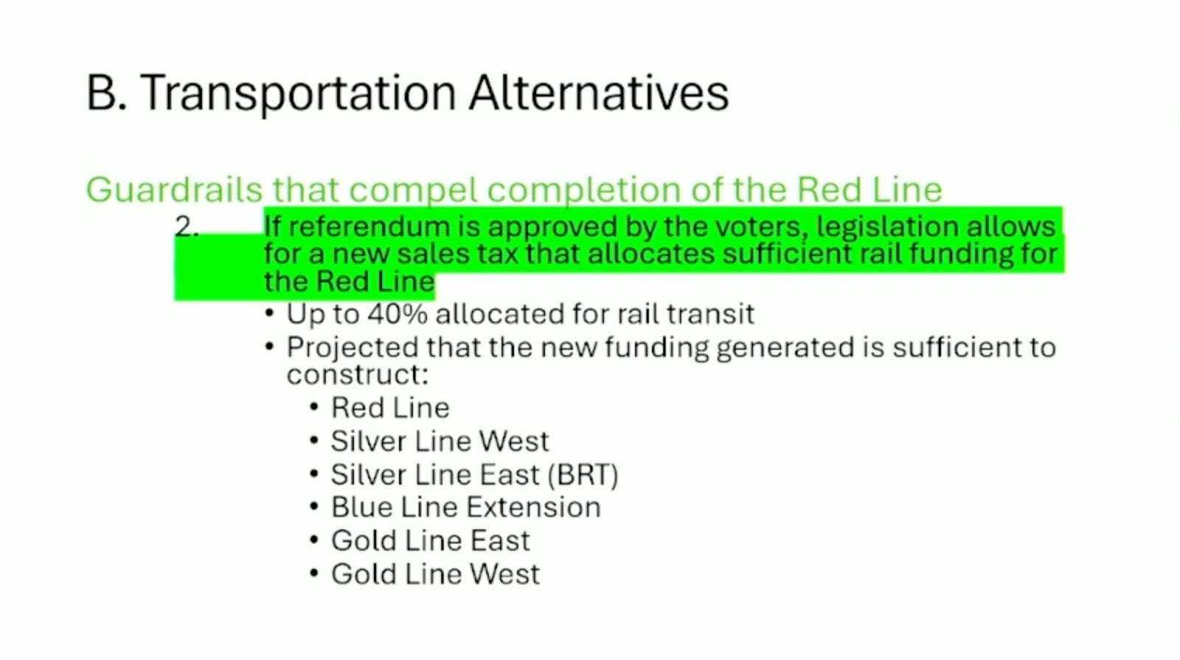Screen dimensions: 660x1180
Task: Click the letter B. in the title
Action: coord(106,94)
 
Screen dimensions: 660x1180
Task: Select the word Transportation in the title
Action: coord(297,94)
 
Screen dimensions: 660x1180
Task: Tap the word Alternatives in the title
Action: coord(598,94)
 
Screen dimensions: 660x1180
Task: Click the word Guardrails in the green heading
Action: coord(174,190)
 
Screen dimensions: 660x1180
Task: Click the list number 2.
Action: coord(187,226)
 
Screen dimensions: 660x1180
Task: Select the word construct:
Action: coord(357,375)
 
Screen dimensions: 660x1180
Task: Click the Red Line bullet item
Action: coord(389,408)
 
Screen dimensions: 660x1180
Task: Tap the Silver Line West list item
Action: coord(439,441)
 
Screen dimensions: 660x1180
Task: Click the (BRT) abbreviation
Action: coord(583,474)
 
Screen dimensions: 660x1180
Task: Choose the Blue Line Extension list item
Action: coord(465,507)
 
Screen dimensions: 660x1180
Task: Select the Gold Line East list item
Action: coord(430,541)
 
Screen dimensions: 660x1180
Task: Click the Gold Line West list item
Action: coord(435,574)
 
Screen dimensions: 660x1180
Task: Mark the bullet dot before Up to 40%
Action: coord(269,313)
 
